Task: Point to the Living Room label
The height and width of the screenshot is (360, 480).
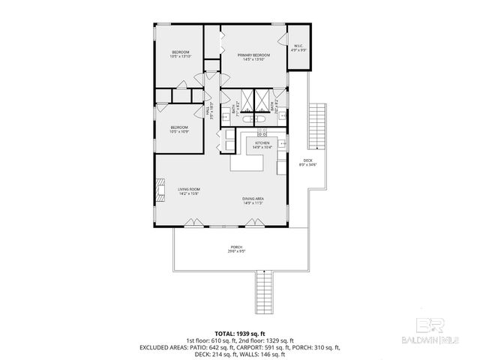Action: [x=187, y=190]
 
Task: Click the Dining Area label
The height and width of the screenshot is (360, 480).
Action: [x=253, y=199]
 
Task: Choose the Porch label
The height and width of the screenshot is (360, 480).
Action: [x=236, y=249]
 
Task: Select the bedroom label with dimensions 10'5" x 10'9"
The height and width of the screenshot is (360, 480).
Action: [x=178, y=129]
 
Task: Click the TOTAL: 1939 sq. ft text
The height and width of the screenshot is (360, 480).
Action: [x=239, y=332]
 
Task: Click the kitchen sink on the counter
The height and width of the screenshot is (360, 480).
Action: [x=281, y=143]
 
